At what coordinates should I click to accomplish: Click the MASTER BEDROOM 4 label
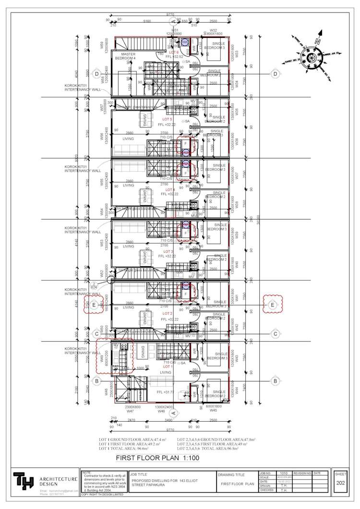(x=128, y=56)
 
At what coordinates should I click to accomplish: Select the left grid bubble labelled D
(x=96, y=74)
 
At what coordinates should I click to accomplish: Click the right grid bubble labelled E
(x=273, y=305)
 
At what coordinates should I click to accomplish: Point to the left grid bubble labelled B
(x=96, y=381)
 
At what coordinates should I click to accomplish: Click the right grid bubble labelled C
(x=276, y=334)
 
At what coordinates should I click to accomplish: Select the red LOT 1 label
(x=168, y=366)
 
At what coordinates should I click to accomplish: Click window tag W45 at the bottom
(x=213, y=411)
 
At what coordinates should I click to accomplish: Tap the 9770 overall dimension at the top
(x=170, y=15)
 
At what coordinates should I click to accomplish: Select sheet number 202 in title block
(x=340, y=483)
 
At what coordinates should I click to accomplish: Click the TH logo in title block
(x=21, y=481)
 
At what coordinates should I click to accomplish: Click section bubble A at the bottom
(x=174, y=412)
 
